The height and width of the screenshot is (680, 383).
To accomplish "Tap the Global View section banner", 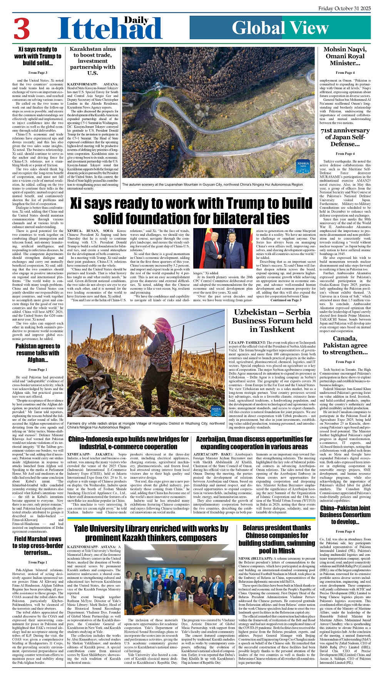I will (280, 28).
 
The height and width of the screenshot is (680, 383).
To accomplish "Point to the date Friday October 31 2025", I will (345, 8).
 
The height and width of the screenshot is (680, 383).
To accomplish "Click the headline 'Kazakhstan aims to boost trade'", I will (92, 61).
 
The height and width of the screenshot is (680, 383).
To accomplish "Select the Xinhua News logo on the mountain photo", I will (303, 166).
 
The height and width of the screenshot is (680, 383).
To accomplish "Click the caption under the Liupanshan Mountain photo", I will (212, 185).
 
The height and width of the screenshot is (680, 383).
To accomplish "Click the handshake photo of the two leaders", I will (219, 248).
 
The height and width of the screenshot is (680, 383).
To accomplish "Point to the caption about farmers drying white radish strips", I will (146, 425).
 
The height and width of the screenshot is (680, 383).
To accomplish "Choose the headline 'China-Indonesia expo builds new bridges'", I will (128, 443).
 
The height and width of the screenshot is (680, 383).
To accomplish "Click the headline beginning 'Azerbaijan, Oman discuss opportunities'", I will (254, 443).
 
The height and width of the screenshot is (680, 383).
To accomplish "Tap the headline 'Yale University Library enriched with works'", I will (151, 533).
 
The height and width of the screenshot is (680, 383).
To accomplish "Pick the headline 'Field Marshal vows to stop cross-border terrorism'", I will (38, 546).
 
